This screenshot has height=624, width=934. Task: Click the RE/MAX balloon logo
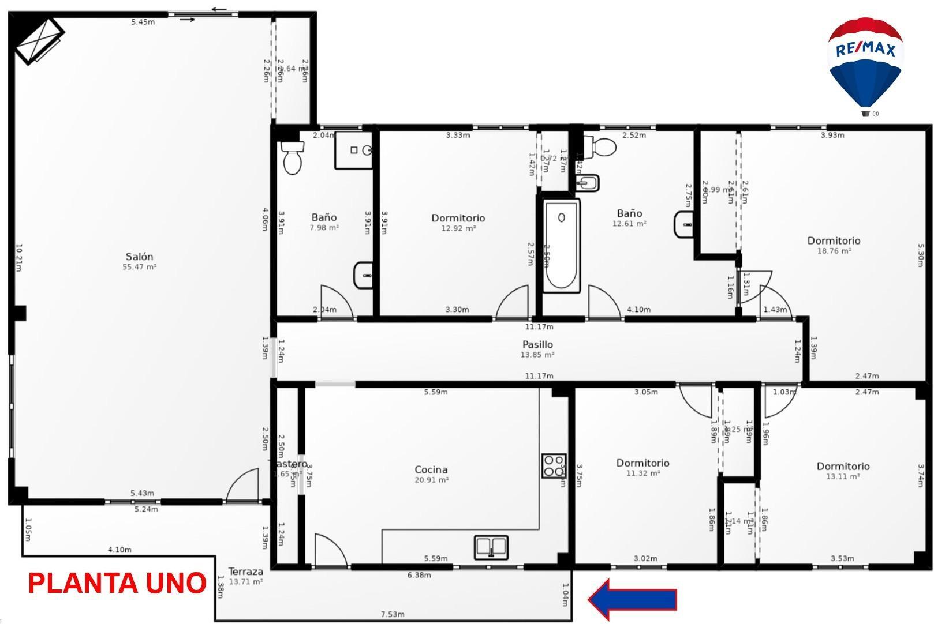pyautogui.click(x=865, y=63)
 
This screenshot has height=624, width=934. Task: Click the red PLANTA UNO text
pyautogui.click(x=117, y=583)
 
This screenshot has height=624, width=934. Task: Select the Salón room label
pyautogui.click(x=140, y=257)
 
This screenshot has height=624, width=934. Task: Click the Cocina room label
pyautogui.click(x=431, y=469)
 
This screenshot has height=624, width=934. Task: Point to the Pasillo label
pyautogui.click(x=537, y=344)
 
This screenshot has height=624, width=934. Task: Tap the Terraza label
pyautogui.click(x=246, y=572)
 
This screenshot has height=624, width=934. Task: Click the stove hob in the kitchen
pyautogui.click(x=554, y=466)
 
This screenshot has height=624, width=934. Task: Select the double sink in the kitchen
pyautogui.click(x=491, y=547)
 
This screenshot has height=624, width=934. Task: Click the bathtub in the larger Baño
pyautogui.click(x=561, y=245)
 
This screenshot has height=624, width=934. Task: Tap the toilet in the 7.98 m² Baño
pyautogui.click(x=293, y=157)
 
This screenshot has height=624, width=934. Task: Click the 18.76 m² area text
pyautogui.click(x=834, y=251)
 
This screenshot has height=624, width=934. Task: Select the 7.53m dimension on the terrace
pyautogui.click(x=393, y=614)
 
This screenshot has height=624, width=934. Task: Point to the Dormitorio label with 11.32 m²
pyautogui.click(x=642, y=463)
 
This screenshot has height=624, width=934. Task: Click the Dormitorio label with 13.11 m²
pyautogui.click(x=843, y=466)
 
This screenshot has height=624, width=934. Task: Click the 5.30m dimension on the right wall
pyautogui.click(x=921, y=255)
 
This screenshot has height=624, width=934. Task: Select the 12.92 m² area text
pyautogui.click(x=458, y=228)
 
